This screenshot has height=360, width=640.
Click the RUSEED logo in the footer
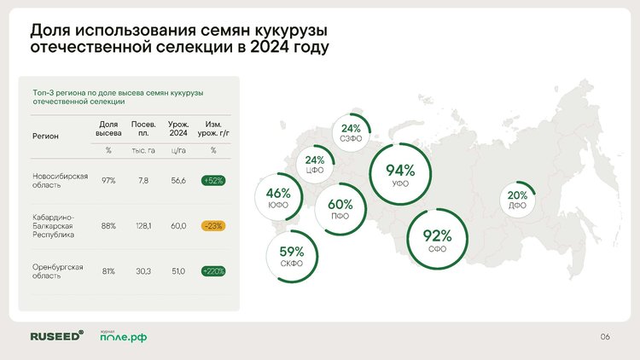click(56, 336)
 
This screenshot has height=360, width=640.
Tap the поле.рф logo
click(123, 336)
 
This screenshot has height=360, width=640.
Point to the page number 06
click(605, 337)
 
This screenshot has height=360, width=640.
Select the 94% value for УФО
click(400, 171)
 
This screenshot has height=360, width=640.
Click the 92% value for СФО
click(437, 235)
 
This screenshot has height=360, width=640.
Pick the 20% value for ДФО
click(517, 195)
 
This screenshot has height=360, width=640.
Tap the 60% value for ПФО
click(340, 204)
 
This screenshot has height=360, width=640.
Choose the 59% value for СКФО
click(292, 251)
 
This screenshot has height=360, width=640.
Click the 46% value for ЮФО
click(278, 193)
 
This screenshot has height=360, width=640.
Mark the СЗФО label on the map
click(351, 139)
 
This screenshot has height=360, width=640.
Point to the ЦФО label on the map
click(314, 170)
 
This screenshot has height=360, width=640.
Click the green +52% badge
click(213, 180)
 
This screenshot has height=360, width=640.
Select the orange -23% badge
click(213, 226)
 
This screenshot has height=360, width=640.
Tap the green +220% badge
click(213, 271)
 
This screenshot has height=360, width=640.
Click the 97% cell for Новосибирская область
click(108, 180)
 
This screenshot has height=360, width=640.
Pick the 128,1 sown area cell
click(143, 226)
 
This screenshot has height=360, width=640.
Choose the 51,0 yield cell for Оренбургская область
click(178, 271)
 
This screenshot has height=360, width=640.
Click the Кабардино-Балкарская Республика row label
click(53, 226)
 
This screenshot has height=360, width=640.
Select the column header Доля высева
click(108, 129)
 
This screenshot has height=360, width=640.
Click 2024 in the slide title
click(269, 47)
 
